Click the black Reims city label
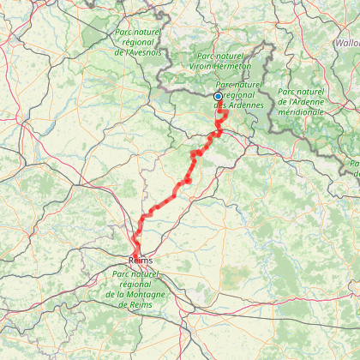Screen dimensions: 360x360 [x=141, y=258]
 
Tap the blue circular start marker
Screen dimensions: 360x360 [x=218, y=97]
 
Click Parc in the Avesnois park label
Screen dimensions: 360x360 [x=125, y=32]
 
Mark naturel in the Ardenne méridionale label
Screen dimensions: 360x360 [x=312, y=91]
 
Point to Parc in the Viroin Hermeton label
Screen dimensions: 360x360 [x=204, y=54]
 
